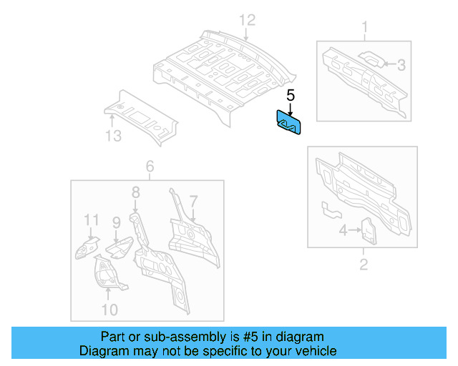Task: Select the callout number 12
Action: click(246, 19)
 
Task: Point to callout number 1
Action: click(365, 28)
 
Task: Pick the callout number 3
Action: click(401, 65)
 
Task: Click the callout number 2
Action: click(363, 266)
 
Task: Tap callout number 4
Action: click(343, 230)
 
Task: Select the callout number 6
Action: click(150, 167)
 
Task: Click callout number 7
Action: click(193, 199)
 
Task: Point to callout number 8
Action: click(135, 192)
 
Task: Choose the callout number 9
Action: click(116, 223)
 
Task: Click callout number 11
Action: click(90, 219)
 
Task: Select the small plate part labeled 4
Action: click(368, 229)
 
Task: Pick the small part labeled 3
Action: click(369, 59)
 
